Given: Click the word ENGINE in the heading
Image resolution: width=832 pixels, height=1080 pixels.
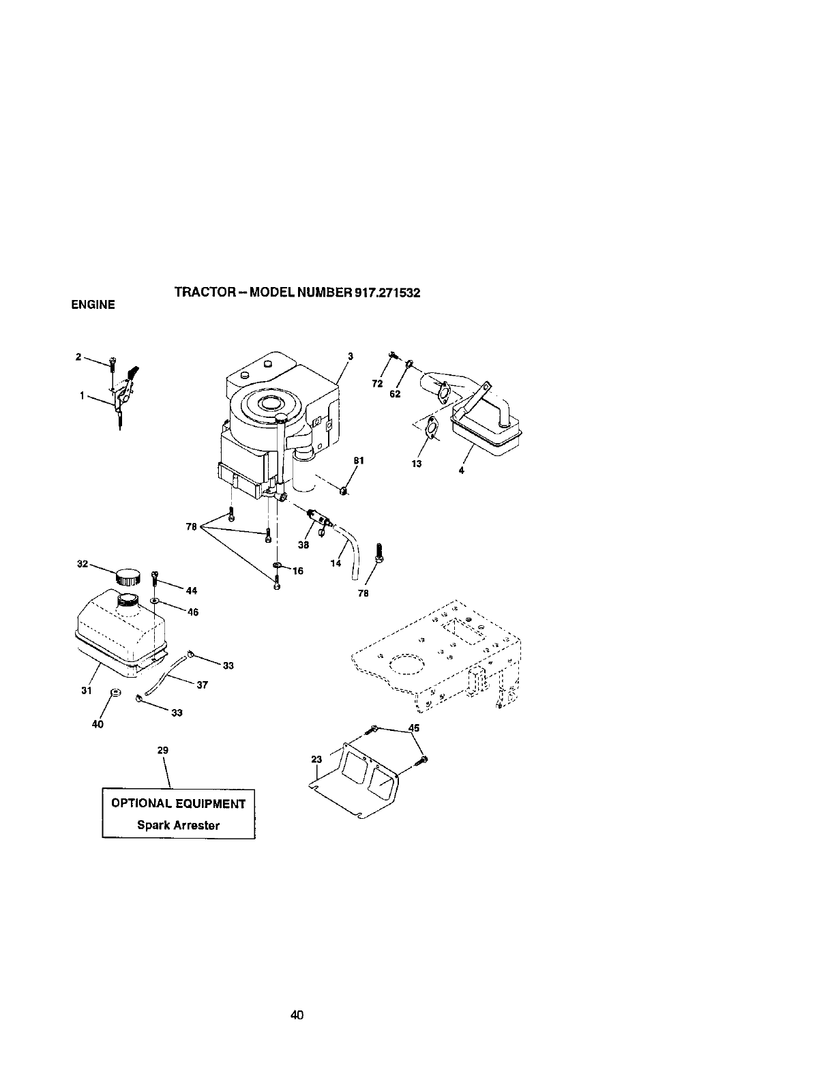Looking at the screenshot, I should [x=93, y=305].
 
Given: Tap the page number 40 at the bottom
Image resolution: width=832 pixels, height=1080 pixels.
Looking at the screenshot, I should [x=296, y=996].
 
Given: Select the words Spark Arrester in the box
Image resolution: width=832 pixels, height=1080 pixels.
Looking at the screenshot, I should [x=179, y=824].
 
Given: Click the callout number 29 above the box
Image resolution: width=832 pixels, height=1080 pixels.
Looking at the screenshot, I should [x=162, y=749].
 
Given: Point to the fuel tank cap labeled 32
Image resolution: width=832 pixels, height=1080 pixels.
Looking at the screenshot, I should [x=128, y=577].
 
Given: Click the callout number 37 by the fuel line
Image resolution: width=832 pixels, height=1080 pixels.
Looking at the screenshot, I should [x=202, y=685].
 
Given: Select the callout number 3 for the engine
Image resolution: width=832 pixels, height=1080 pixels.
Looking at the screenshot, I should [x=350, y=355].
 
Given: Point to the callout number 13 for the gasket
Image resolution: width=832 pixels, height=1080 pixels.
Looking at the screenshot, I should [x=417, y=464].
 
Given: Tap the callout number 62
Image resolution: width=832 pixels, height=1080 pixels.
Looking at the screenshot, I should [x=395, y=394].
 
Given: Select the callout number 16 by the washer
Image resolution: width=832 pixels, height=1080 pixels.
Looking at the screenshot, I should [x=298, y=571].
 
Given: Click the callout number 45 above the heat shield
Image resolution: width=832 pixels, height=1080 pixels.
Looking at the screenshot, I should [x=413, y=727].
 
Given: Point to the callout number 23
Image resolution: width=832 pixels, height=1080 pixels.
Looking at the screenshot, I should [x=316, y=760].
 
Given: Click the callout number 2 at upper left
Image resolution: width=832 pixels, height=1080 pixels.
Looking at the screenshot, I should [x=78, y=356].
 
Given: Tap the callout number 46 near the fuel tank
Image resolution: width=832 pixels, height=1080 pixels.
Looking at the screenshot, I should [x=192, y=612].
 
